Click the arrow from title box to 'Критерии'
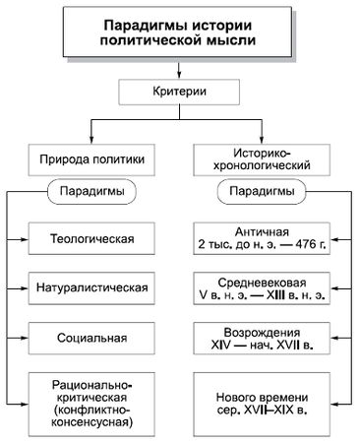[x=181, y=70]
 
